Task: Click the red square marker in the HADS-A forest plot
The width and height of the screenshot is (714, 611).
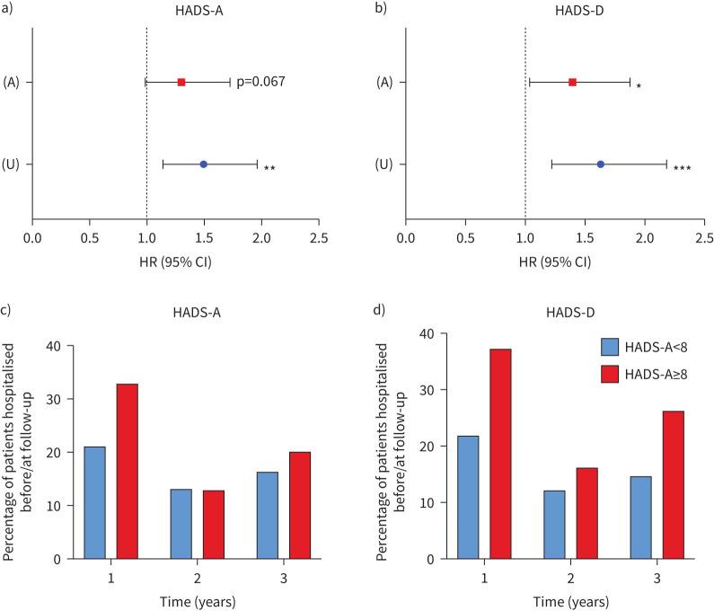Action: [181, 83]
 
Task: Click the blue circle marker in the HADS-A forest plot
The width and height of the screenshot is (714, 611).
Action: [204, 164]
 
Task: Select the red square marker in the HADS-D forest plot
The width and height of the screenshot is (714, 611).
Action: [572, 83]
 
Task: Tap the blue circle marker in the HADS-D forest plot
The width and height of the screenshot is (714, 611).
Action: [600, 164]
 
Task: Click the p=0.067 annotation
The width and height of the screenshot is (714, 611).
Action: [260, 83]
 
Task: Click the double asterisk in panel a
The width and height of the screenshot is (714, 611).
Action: [269, 168]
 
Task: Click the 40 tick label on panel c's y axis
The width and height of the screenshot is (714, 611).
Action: [59, 346]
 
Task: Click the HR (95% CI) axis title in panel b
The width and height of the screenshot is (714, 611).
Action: [554, 262]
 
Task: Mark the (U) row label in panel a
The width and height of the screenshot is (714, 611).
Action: [13, 164]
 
